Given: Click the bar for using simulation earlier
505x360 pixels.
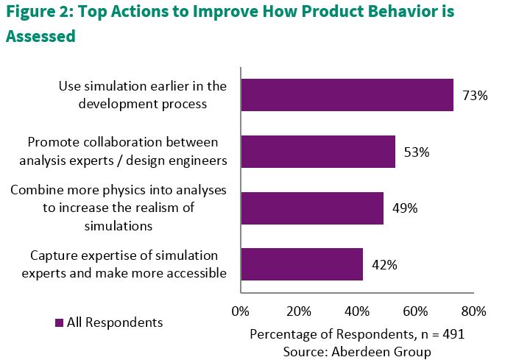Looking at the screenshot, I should click(347, 95).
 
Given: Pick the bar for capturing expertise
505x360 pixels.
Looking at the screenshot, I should click(302, 264).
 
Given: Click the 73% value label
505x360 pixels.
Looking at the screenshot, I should click(476, 96).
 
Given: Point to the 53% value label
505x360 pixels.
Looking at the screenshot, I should click(417, 152).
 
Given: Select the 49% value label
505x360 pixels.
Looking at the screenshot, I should click(405, 208).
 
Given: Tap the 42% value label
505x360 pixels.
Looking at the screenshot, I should click(384, 265).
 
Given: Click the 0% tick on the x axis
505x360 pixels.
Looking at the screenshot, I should click(241, 311).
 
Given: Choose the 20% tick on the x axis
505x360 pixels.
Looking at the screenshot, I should click(299, 311).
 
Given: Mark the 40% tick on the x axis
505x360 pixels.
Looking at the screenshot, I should click(357, 311).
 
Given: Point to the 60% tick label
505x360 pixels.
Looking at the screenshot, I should click(415, 311).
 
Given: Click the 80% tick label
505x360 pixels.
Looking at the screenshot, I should click(473, 311).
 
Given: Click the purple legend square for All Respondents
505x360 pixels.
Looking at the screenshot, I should click(59, 322).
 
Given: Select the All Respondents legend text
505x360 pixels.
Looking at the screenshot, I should click(115, 322).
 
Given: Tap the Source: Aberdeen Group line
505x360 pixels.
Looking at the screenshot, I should click(357, 352).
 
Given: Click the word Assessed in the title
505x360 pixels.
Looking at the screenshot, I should click(40, 36).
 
